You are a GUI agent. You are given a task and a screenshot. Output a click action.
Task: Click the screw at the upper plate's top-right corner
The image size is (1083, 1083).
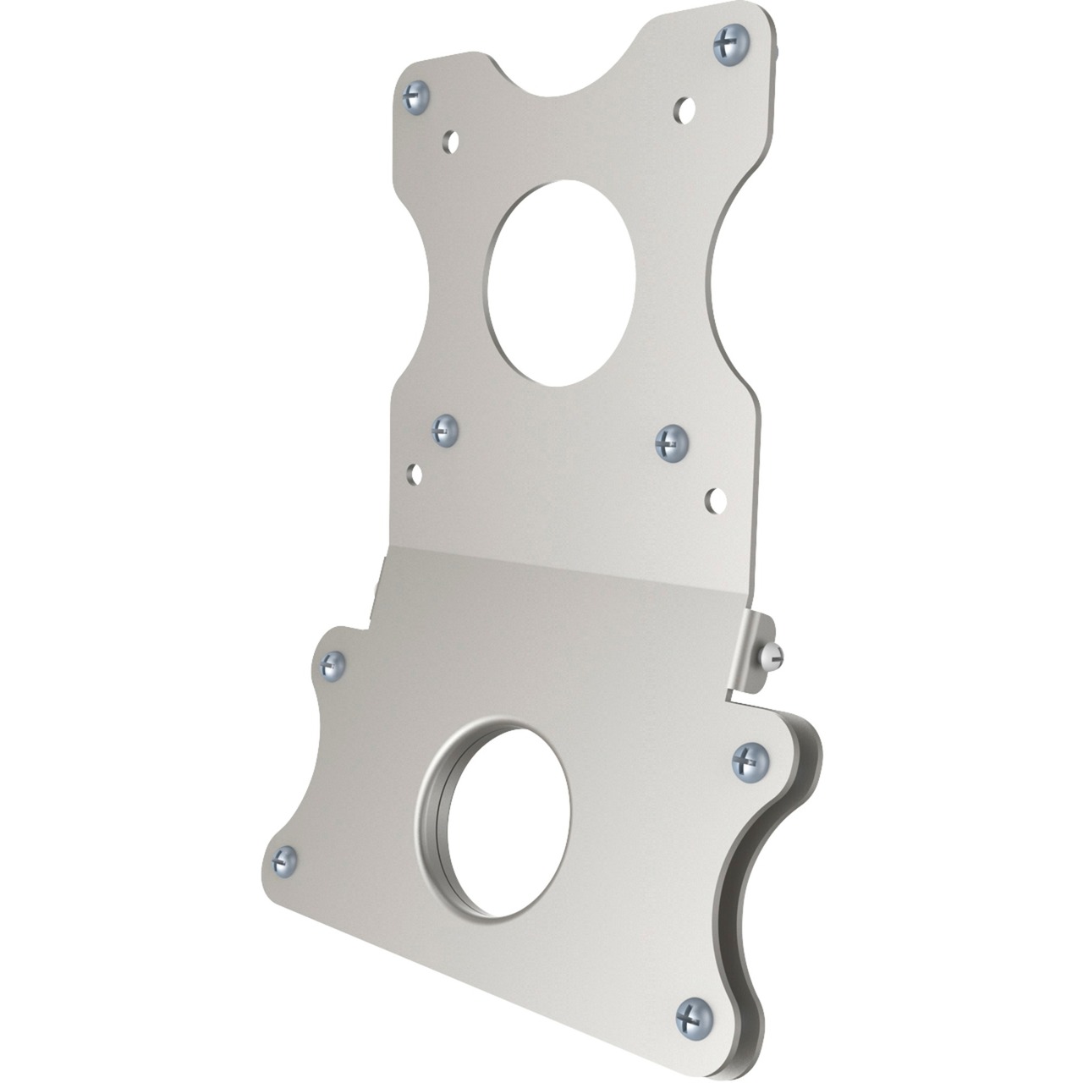pos(732,44)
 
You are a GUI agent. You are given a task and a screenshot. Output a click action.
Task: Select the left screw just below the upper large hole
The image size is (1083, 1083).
pos(444,430)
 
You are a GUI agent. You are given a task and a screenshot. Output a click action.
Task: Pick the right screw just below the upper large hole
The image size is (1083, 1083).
pos(672,443)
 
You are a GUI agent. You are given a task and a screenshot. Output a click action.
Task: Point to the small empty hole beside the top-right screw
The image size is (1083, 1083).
pos(685,108)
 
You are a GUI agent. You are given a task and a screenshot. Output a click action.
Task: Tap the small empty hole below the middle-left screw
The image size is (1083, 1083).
pos(415,474)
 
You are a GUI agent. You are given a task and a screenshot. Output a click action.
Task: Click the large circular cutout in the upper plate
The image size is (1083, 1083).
pos(562,283)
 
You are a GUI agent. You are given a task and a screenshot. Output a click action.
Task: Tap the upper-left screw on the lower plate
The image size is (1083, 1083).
pos(333,666)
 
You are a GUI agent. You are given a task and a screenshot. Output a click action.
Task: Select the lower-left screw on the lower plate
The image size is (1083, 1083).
pos(285,860)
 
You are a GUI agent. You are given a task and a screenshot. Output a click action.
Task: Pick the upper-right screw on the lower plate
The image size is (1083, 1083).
pos(750,760)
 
